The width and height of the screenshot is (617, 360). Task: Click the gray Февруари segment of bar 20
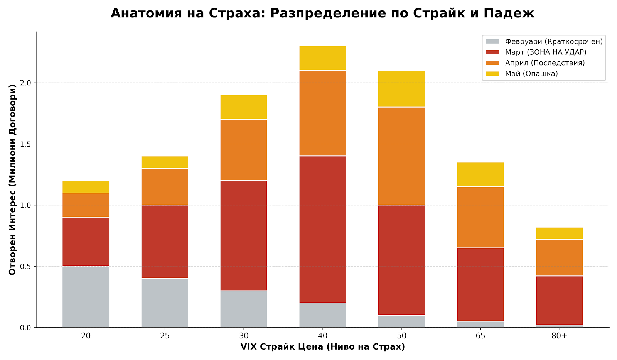coord(86,296)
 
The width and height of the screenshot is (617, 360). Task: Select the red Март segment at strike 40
coord(322,229)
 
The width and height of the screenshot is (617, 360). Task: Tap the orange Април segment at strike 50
coord(401,156)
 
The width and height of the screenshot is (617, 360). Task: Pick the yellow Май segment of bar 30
coord(244,107)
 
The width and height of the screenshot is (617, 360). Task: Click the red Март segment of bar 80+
coord(559,300)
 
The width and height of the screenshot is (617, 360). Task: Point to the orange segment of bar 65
coord(480,217)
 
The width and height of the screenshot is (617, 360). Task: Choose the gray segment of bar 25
coord(165,303)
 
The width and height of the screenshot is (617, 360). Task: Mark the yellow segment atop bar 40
coord(322,58)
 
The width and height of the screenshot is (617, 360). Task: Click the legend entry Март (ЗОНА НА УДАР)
coord(545,52)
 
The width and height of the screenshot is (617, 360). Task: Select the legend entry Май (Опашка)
coord(531,74)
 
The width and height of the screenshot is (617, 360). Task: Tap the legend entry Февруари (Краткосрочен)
coord(553,41)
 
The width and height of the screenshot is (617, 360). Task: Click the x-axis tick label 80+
coord(559,336)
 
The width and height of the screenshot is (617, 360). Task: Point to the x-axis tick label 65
coord(480,336)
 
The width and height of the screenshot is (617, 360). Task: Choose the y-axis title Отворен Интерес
coord(12,179)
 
